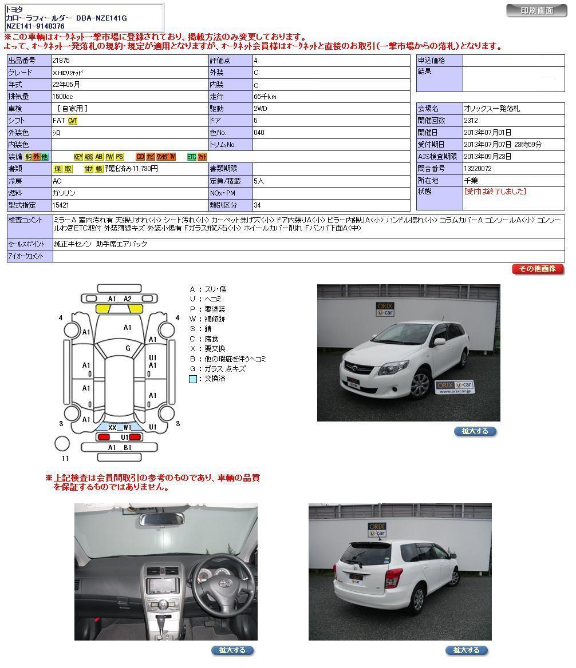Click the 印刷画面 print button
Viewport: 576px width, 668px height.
[x=536, y=10]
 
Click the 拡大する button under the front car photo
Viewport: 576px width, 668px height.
[x=475, y=431]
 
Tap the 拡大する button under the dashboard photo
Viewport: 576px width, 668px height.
[x=232, y=650]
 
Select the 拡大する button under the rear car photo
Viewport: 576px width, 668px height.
[x=466, y=650]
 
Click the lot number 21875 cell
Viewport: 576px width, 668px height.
[x=61, y=61]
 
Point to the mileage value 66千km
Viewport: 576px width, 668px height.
[x=265, y=97]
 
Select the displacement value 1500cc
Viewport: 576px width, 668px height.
[x=62, y=97]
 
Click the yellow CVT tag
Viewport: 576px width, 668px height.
[x=73, y=121]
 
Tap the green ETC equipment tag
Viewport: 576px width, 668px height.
[x=191, y=157]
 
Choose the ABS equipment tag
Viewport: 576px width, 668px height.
[x=89, y=157]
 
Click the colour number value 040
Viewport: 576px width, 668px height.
[x=259, y=133]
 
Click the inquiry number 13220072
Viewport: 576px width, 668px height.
[x=478, y=169]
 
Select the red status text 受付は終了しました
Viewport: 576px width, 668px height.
[x=495, y=192]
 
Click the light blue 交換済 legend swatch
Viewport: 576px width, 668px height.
[x=193, y=379]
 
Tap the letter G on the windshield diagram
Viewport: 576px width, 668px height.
[x=128, y=348]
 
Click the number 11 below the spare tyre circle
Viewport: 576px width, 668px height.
[x=65, y=458]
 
